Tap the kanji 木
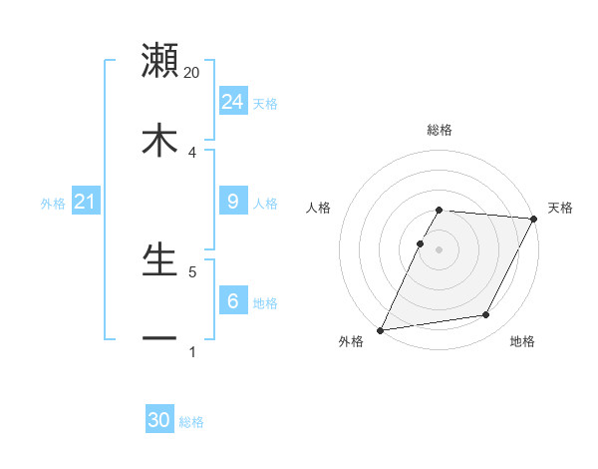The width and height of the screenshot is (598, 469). click(159, 141)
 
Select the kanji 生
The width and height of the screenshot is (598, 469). click(159, 259)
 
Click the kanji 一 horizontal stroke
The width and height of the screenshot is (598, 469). click(159, 339)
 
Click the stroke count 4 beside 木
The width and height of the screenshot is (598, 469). click(192, 152)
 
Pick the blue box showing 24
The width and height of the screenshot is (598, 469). click(232, 102)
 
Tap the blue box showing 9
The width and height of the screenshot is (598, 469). click(232, 202)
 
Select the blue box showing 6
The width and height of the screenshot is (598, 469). click(232, 301)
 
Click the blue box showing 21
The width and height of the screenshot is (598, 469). click(85, 202)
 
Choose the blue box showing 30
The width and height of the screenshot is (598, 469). click(159, 420)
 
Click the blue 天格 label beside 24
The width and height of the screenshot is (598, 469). click(265, 104)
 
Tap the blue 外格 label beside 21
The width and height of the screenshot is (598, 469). click(53, 204)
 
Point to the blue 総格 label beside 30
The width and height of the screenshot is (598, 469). click(191, 422)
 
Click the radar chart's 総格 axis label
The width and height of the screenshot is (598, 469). click(440, 130)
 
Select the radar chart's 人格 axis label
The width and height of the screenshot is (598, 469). click(319, 208)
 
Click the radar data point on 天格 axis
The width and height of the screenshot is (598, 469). click(534, 219)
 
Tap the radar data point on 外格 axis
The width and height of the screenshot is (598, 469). click(381, 329)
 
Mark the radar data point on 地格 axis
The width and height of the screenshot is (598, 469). click(486, 315)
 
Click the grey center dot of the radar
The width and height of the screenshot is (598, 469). click(439, 247)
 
